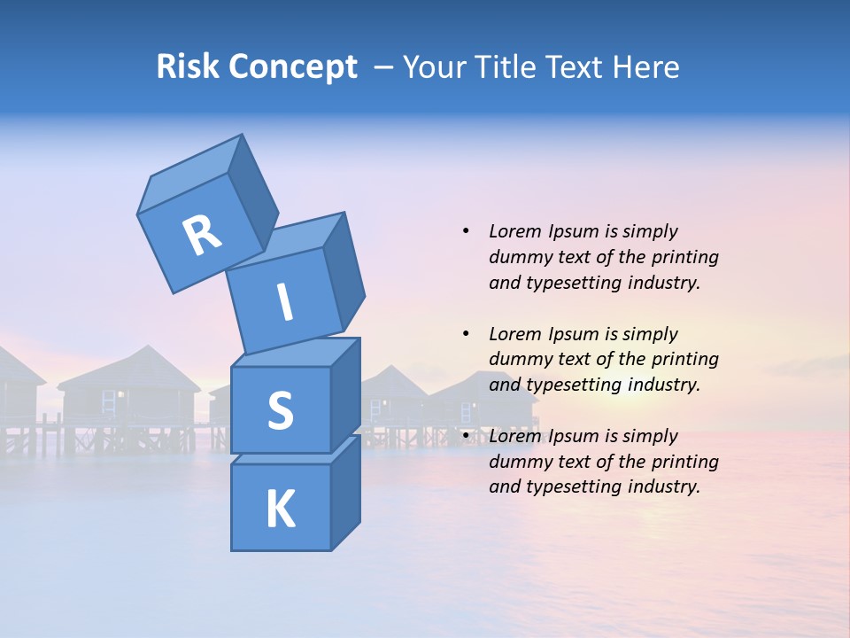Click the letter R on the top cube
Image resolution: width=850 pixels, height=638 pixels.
tap(202, 235)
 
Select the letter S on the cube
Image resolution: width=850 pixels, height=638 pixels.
tap(280, 410)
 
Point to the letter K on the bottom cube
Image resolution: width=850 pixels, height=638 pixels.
tap(280, 510)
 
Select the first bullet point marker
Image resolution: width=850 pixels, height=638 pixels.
tap(466, 232)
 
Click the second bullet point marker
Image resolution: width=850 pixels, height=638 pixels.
tap(466, 334)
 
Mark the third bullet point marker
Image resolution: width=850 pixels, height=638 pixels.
tap(466, 436)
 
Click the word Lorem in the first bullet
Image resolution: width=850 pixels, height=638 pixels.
tap(515, 231)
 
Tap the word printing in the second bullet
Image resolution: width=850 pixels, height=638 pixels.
tap(684, 359)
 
